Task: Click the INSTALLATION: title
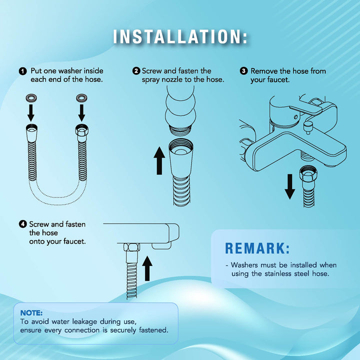point(180,36)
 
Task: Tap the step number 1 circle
point(22,71)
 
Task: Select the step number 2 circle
point(136,71)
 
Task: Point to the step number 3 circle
point(243,71)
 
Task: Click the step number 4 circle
point(22,224)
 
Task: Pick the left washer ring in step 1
point(31,98)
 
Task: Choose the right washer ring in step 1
point(81,98)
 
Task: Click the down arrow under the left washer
point(31,113)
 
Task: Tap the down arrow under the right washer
point(81,113)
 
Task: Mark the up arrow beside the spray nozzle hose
point(159,161)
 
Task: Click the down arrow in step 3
point(289,186)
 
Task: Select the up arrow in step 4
point(147,268)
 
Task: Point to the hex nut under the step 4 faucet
point(131,247)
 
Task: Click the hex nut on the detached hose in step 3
point(308,173)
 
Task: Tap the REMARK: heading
point(257,248)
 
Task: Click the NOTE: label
point(31,313)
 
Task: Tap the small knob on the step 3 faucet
point(307,127)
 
